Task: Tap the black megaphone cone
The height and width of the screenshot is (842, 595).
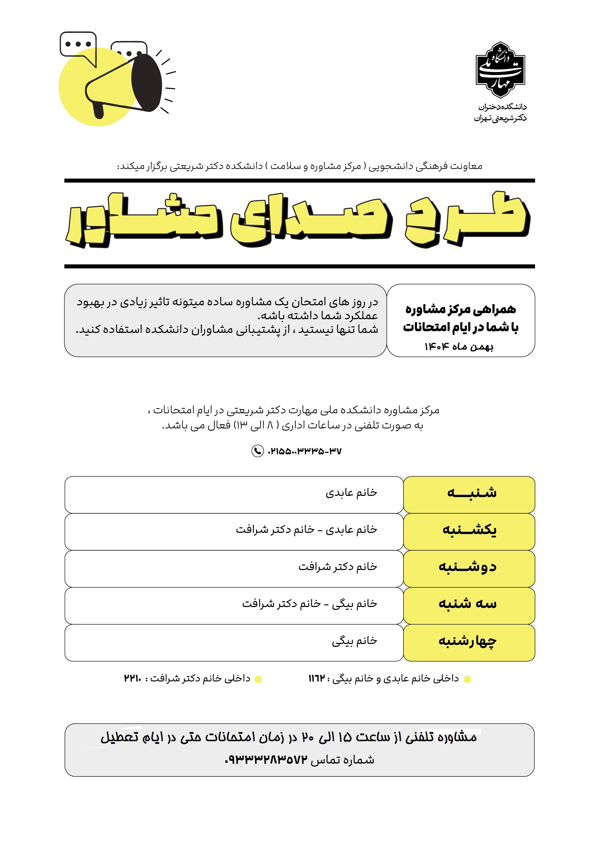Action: pos(146,83)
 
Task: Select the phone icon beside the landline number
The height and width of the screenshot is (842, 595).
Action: pos(257,451)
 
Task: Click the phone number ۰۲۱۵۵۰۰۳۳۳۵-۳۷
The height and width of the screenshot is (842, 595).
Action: pos(305,451)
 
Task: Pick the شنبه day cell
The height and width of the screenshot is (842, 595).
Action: pos(469,494)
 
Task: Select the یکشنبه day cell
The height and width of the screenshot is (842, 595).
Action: pos(469,531)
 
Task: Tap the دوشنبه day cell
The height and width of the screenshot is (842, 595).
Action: pos(469,568)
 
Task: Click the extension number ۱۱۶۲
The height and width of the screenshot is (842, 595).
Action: pos(317,679)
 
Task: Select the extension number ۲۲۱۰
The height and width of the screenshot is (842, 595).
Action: pos(132,679)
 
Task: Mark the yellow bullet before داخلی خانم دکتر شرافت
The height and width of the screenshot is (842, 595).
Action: pos(258,679)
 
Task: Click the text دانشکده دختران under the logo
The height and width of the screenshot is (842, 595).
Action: pos(502,107)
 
